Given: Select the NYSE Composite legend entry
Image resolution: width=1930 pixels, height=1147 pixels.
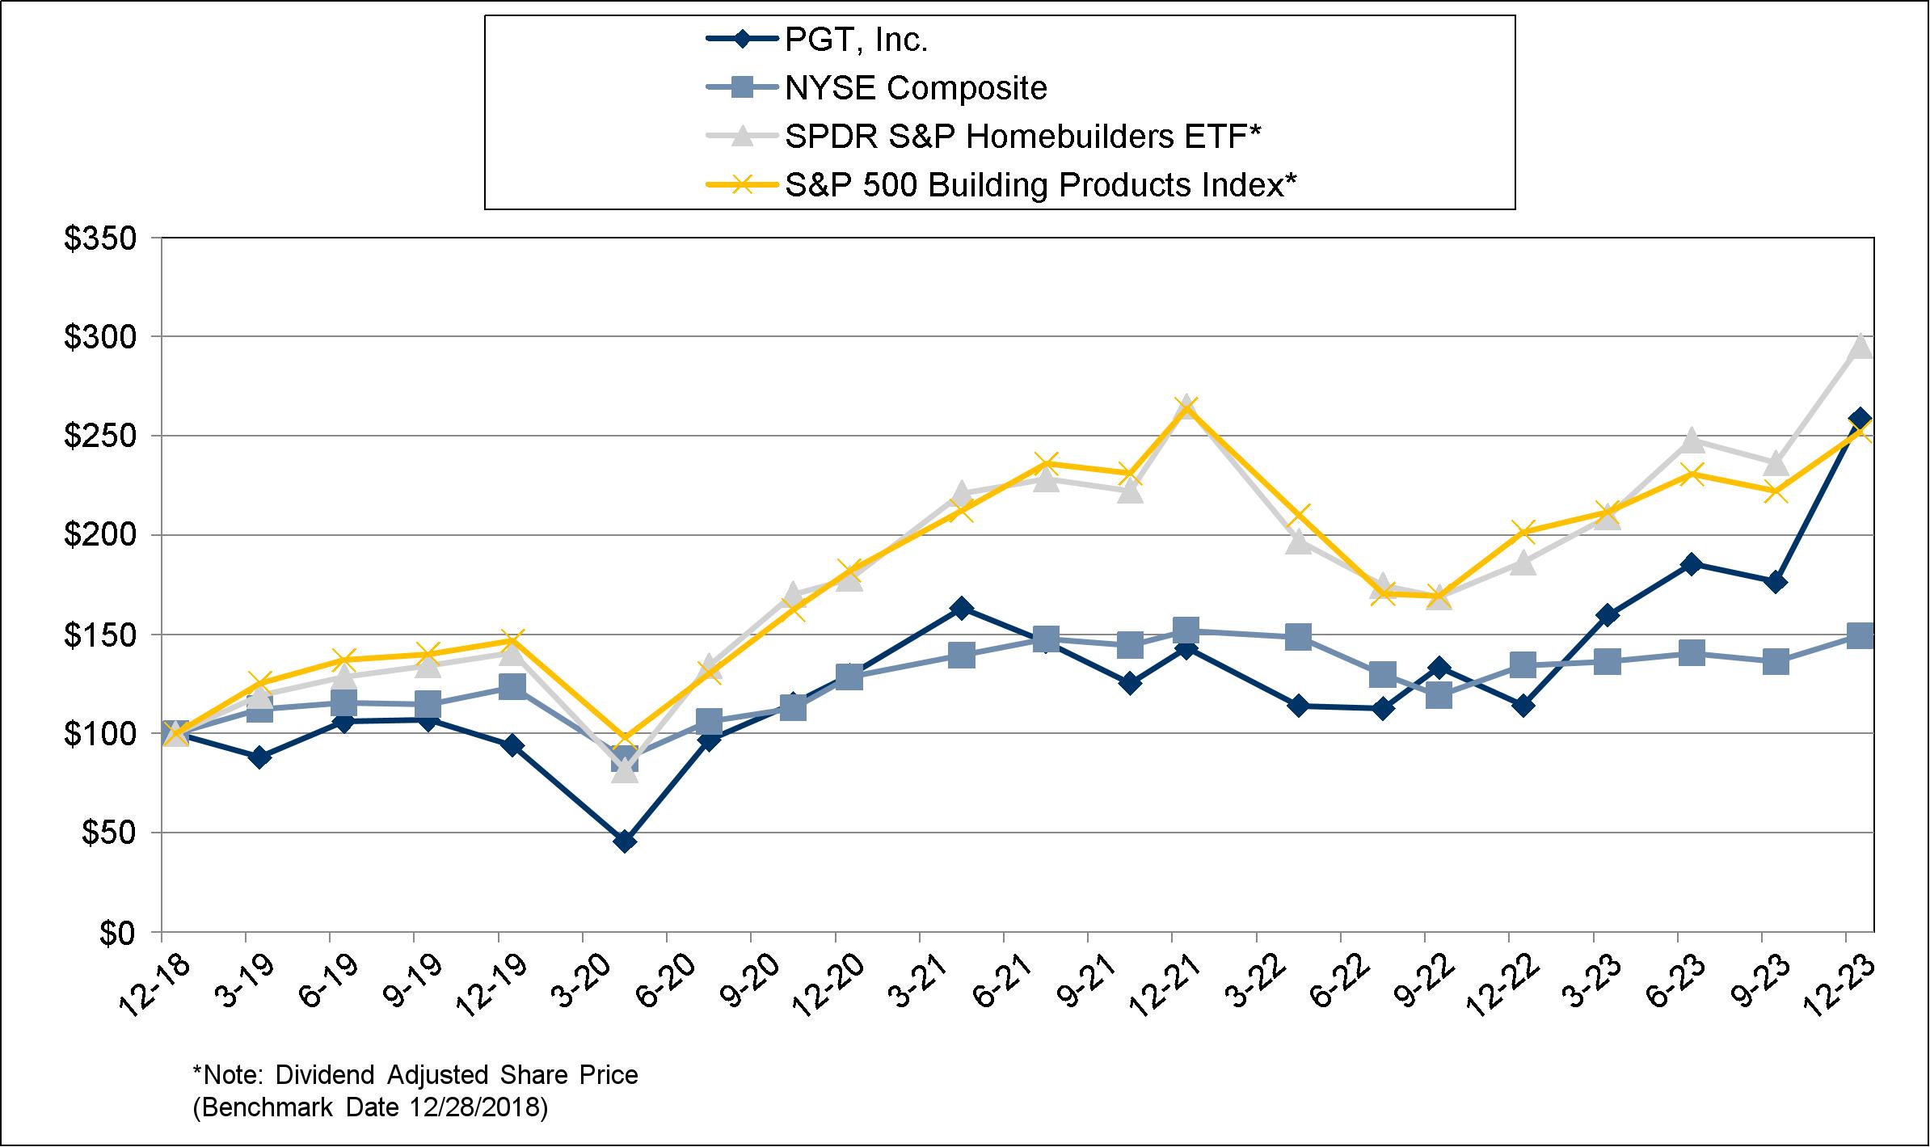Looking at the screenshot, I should (x=915, y=88).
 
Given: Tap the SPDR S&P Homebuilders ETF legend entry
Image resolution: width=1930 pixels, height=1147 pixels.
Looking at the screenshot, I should (x=1022, y=137).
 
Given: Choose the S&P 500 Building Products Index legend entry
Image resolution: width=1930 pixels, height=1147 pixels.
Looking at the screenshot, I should (x=1041, y=185).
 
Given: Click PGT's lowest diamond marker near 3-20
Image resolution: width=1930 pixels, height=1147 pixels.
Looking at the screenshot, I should (x=625, y=841).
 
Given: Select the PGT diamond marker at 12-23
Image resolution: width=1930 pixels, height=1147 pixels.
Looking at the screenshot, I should (x=1860, y=419).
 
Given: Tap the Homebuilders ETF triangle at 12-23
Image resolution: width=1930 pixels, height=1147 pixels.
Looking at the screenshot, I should (x=1860, y=345).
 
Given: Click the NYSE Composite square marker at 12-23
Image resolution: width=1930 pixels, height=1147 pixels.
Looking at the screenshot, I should (x=1860, y=635).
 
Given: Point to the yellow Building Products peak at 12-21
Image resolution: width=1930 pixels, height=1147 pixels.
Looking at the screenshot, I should (x=1186, y=407).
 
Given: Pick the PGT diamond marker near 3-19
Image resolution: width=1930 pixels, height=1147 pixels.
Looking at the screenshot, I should (x=259, y=757).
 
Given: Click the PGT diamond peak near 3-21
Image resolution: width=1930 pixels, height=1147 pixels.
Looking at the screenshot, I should (x=961, y=608).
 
